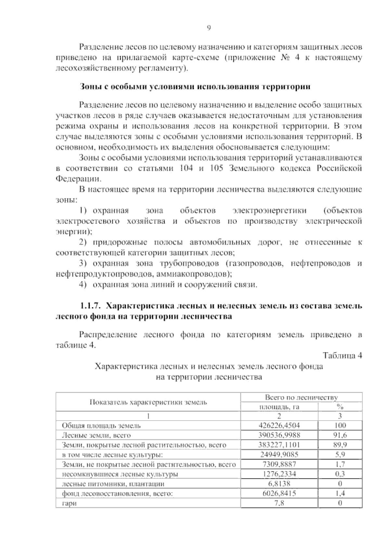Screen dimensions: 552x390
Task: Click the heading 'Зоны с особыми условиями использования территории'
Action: tap(195, 87)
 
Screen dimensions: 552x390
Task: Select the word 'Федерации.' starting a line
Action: tap(79, 179)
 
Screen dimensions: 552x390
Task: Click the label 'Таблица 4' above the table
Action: tap(343, 356)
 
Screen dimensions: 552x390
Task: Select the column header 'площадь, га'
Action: tap(279, 407)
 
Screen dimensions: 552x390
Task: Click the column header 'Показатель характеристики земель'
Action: tap(148, 402)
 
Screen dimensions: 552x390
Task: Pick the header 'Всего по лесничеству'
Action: tap(301, 397)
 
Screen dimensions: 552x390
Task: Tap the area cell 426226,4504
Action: tap(279, 425)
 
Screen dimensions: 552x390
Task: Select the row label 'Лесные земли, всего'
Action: tap(96, 435)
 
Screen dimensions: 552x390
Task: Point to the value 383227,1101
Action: tap(279, 445)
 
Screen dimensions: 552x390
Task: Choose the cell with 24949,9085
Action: tap(279, 454)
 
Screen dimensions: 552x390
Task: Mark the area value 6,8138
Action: tap(279, 484)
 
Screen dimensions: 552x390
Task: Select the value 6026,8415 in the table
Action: tap(279, 493)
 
